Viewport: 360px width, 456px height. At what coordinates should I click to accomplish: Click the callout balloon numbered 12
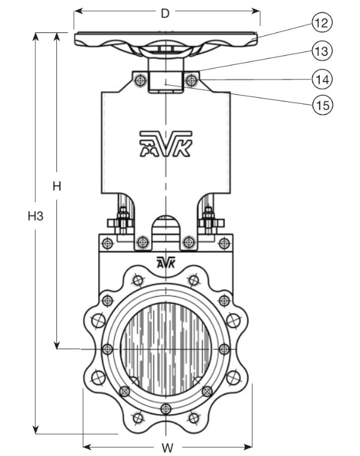[x=322, y=24]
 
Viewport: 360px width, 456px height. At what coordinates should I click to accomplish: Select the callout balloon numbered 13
[x=322, y=52]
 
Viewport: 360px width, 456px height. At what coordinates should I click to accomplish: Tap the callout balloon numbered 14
[x=322, y=79]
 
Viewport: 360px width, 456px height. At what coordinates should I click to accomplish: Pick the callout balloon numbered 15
[x=322, y=104]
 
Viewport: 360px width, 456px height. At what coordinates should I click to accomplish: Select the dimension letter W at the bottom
[x=168, y=448]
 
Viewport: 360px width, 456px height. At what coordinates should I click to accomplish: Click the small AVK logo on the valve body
[x=164, y=262]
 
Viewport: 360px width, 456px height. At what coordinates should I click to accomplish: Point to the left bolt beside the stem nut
[x=140, y=79]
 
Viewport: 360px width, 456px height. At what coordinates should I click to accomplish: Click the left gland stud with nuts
[x=122, y=221]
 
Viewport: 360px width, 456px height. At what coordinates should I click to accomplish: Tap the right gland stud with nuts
[x=208, y=221]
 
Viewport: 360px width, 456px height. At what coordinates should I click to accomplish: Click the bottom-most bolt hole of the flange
[x=165, y=410]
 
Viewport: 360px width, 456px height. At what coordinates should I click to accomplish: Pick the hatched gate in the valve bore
[x=165, y=349]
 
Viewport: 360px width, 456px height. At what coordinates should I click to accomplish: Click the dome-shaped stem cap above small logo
[x=165, y=227]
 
